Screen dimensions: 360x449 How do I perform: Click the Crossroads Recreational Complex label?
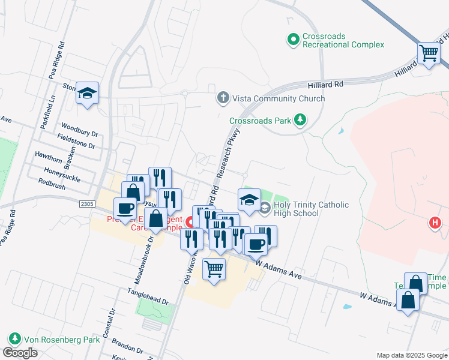343,40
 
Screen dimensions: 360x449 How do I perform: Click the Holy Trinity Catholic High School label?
311,209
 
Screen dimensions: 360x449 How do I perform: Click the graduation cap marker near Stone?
88,93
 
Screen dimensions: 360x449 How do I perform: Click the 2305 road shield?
86,204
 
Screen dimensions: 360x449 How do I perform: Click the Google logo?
20,353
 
